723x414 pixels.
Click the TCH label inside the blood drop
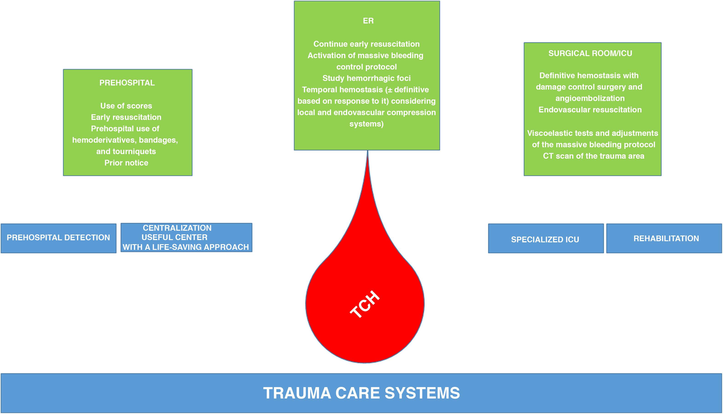(365, 305)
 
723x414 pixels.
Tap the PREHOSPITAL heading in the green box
(127, 83)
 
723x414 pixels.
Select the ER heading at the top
(368, 21)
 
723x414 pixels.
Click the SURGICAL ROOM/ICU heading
(590, 53)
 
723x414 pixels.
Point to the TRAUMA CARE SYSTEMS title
(361, 393)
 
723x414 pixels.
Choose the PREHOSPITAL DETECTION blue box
(58, 238)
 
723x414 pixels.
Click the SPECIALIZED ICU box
(545, 239)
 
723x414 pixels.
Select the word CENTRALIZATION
(177, 228)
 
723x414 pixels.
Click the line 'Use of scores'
(126, 106)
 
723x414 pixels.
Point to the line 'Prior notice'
(126, 163)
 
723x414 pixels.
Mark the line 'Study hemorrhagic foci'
(367, 78)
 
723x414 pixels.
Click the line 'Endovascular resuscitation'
(590, 110)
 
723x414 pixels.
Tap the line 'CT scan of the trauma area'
(593, 156)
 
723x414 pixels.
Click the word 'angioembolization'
(590, 98)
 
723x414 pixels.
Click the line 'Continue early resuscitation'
(367, 44)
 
